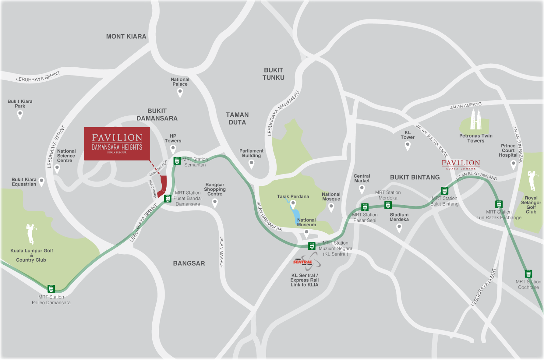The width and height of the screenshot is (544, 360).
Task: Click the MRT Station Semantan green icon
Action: (177, 161)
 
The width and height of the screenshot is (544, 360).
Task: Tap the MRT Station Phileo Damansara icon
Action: (51, 289)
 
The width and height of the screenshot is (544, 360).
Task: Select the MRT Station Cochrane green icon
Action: (528, 274)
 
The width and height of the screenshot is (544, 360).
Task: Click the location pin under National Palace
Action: (180, 92)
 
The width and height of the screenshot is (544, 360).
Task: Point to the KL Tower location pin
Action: (407, 146)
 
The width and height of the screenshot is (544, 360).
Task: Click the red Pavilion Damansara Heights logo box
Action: (117, 144)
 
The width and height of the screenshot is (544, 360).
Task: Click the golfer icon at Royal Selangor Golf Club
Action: (532, 180)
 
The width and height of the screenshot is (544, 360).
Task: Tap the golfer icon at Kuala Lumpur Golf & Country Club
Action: (31, 233)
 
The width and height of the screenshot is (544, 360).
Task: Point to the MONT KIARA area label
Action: (126, 36)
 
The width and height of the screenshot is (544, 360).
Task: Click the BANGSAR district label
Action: (189, 263)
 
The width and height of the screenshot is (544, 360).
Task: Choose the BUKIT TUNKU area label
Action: (273, 74)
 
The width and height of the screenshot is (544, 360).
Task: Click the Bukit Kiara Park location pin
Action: (20, 115)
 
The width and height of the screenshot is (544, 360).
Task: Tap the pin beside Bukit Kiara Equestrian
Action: (41, 182)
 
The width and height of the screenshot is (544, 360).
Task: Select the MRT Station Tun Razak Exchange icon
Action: (499, 204)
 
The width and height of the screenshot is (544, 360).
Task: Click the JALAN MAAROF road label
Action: (222, 252)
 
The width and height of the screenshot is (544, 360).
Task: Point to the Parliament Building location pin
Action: (252, 164)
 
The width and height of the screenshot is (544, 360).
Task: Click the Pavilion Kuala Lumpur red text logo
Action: (461, 164)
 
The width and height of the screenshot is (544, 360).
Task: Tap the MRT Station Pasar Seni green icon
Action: (365, 207)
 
